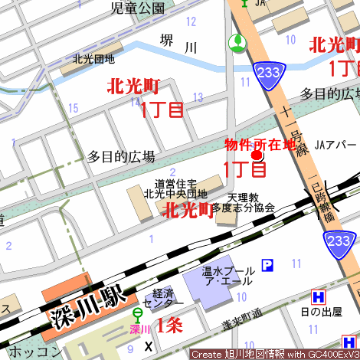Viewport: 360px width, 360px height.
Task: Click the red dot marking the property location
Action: coord(257,156)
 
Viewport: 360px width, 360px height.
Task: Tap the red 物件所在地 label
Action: coord(259,144)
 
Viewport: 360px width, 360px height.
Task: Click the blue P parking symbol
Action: coord(267,266)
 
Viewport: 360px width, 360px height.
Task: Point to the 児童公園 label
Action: coord(138,8)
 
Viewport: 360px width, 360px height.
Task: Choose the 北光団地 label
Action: coord(93,58)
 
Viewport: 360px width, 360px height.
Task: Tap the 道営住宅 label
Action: coord(175,184)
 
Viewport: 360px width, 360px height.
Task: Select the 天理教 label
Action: coord(243,197)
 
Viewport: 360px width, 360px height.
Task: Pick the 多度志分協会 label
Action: coord(243,208)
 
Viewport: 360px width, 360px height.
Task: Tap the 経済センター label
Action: coord(163,299)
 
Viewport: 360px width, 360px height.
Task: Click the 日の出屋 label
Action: coord(321,311)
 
